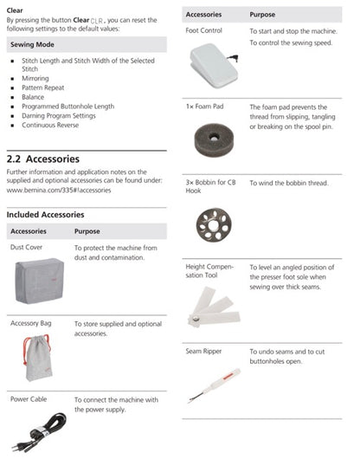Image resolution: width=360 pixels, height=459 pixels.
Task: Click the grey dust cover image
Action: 39,281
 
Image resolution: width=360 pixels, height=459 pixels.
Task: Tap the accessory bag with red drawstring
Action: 37,358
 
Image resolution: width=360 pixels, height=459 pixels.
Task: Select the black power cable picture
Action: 40,433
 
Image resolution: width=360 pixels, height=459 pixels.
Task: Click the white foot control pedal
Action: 214,66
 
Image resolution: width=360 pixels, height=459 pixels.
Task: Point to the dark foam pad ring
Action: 215,139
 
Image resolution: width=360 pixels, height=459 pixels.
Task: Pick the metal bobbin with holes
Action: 214,225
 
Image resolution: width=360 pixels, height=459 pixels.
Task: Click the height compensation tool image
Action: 214,307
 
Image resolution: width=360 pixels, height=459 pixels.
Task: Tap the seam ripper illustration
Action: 215,385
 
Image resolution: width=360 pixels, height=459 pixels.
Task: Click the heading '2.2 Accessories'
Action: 43,159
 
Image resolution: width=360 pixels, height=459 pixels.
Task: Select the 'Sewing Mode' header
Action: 32,44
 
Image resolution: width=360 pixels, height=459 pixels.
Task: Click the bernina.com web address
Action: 59,191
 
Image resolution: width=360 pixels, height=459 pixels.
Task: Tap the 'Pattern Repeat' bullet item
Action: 43,87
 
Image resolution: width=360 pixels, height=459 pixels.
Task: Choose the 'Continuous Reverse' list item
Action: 50,125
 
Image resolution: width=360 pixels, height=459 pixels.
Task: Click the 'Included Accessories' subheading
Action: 45,215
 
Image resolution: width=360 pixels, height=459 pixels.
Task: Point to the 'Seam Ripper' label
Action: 203,351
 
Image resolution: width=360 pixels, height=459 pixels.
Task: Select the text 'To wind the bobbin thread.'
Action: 289,184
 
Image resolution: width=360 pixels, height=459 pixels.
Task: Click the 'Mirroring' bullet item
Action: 35,79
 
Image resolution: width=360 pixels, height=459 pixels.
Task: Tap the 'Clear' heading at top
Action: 15,10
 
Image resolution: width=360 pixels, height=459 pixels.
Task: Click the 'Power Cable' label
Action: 29,399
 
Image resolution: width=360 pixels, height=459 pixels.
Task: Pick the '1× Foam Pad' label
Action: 204,107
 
